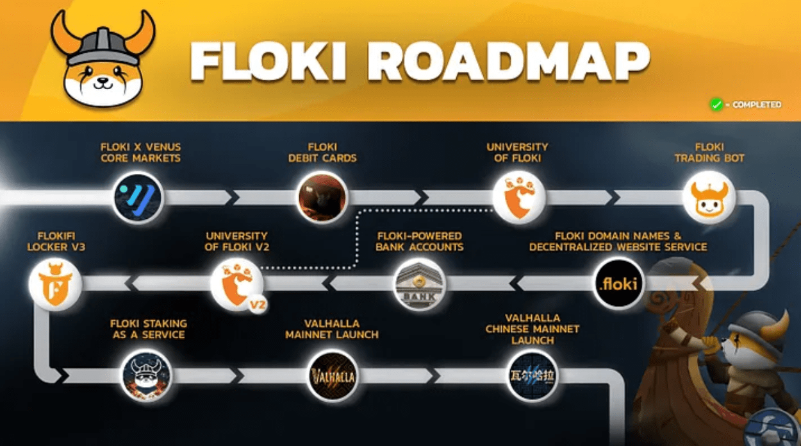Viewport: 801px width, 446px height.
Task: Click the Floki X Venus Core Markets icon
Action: point(138,198)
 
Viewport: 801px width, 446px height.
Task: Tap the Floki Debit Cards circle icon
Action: point(322,198)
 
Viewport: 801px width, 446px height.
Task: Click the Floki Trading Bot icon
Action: point(708,198)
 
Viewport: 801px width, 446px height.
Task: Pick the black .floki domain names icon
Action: point(618,284)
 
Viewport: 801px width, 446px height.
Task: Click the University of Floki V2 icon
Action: point(236,284)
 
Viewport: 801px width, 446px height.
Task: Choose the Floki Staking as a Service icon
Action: point(147,375)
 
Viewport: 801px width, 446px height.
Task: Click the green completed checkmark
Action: point(716,105)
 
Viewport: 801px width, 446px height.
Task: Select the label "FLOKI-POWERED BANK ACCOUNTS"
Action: point(419,242)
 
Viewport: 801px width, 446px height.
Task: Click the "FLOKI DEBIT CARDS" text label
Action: point(322,153)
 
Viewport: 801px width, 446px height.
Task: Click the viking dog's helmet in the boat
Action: point(756,324)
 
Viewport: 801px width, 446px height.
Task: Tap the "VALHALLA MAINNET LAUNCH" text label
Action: point(331,329)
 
